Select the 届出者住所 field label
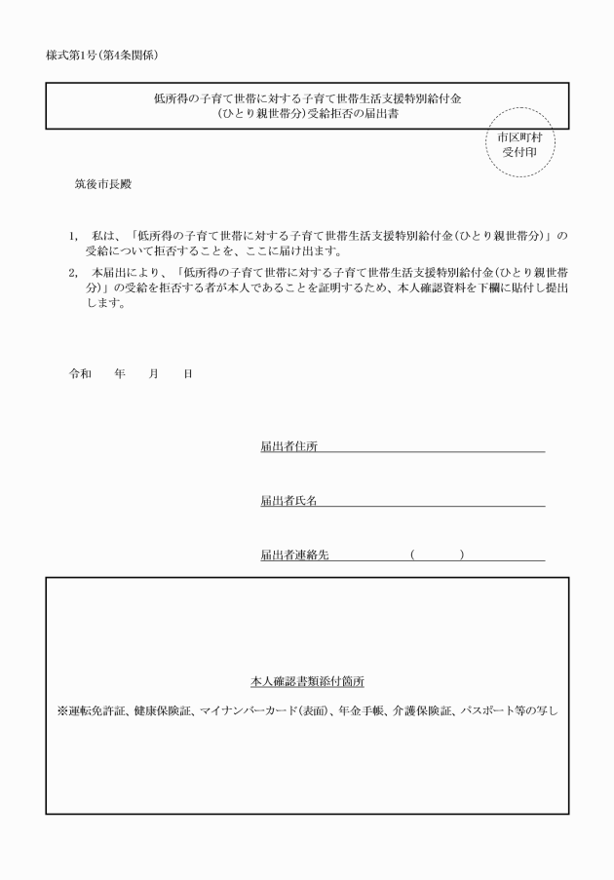pos(288,446)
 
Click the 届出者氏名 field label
pos(288,501)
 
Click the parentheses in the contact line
pos(437,555)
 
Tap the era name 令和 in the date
pos(79,374)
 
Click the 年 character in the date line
pos(119,374)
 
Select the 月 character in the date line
pos(153,374)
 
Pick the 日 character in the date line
pos(187,374)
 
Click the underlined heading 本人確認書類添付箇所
pos(307,681)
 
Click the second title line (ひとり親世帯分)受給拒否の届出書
pos(307,114)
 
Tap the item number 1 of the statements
pos(71,236)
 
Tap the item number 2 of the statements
pos(71,272)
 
